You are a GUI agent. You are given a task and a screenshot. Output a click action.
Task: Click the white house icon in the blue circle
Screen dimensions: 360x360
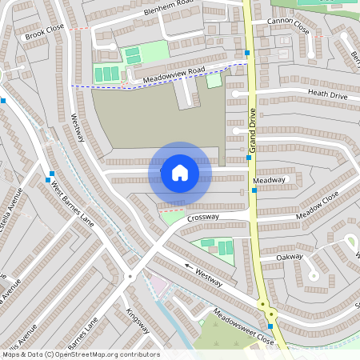point(180,172)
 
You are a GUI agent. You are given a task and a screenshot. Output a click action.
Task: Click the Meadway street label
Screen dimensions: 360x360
point(269,181)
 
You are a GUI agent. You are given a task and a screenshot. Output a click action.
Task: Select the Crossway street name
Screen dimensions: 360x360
point(203,218)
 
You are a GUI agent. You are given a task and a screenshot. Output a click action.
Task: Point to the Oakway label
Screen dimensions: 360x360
point(289,257)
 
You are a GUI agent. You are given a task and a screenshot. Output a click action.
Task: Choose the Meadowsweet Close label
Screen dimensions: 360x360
point(243,326)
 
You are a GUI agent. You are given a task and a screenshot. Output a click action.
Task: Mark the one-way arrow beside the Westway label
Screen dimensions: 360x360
point(190,266)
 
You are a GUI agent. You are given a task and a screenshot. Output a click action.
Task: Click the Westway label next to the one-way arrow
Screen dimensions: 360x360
point(210,277)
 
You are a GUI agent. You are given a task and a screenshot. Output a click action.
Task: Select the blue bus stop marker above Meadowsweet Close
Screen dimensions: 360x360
point(270,326)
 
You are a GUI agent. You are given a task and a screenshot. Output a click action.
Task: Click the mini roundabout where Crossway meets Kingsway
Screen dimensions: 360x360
point(130,277)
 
